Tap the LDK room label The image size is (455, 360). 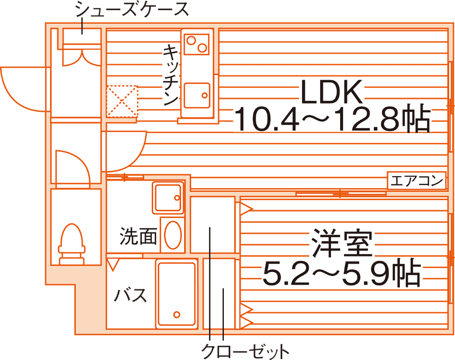coord(330,93)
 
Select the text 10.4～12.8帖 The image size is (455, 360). coord(331,120)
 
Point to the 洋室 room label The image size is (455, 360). coord(341,245)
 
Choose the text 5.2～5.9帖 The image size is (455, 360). coord(341,275)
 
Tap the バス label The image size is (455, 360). coord(130,295)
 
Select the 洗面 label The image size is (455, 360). coord(139,236)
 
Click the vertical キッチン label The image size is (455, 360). coord(171,74)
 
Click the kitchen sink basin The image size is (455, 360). coord(196,96)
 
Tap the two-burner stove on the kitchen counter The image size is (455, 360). coord(196,43)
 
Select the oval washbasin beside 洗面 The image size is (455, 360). coord(173,235)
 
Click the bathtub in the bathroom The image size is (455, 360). coord(176,294)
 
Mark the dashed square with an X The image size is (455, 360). coord(122,101)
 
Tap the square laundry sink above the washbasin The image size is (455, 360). coord(167,198)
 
